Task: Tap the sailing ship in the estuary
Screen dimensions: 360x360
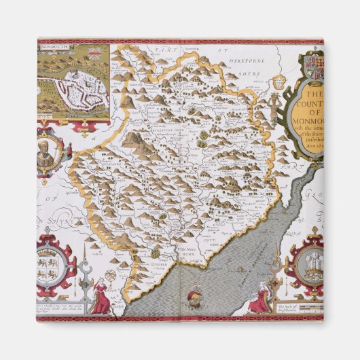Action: point(193,294)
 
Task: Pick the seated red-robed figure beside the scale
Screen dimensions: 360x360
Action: point(259,299)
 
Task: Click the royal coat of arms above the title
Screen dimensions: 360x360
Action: point(313,68)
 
